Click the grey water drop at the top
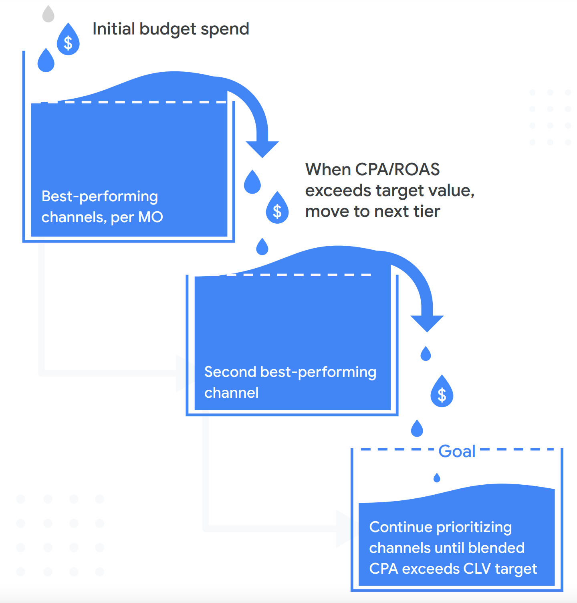[48, 14]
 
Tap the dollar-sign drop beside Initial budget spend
[68, 40]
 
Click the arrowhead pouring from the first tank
[262, 149]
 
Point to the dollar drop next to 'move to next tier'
[277, 209]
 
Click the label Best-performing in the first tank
[100, 196]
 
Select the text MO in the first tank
[150, 217]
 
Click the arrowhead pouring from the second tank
[427, 323]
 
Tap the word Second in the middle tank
[230, 372]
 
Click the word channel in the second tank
[231, 393]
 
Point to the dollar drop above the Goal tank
[442, 393]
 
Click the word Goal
[457, 451]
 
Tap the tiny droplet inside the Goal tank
[437, 478]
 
